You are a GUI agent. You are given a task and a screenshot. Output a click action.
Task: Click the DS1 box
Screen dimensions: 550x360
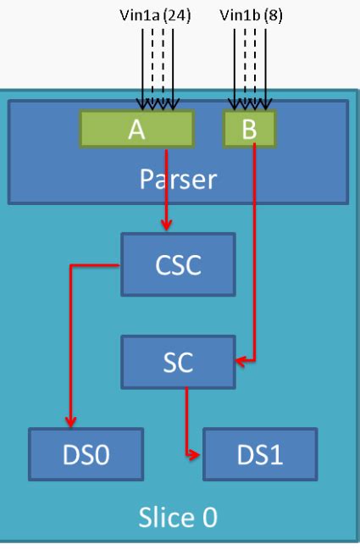click(x=260, y=456)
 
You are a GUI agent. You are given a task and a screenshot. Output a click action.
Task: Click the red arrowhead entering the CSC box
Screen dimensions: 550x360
click(x=168, y=226)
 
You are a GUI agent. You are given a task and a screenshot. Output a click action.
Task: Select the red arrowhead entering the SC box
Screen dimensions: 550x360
click(x=240, y=362)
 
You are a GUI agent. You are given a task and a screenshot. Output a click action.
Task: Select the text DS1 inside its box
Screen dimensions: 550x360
click(x=260, y=456)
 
